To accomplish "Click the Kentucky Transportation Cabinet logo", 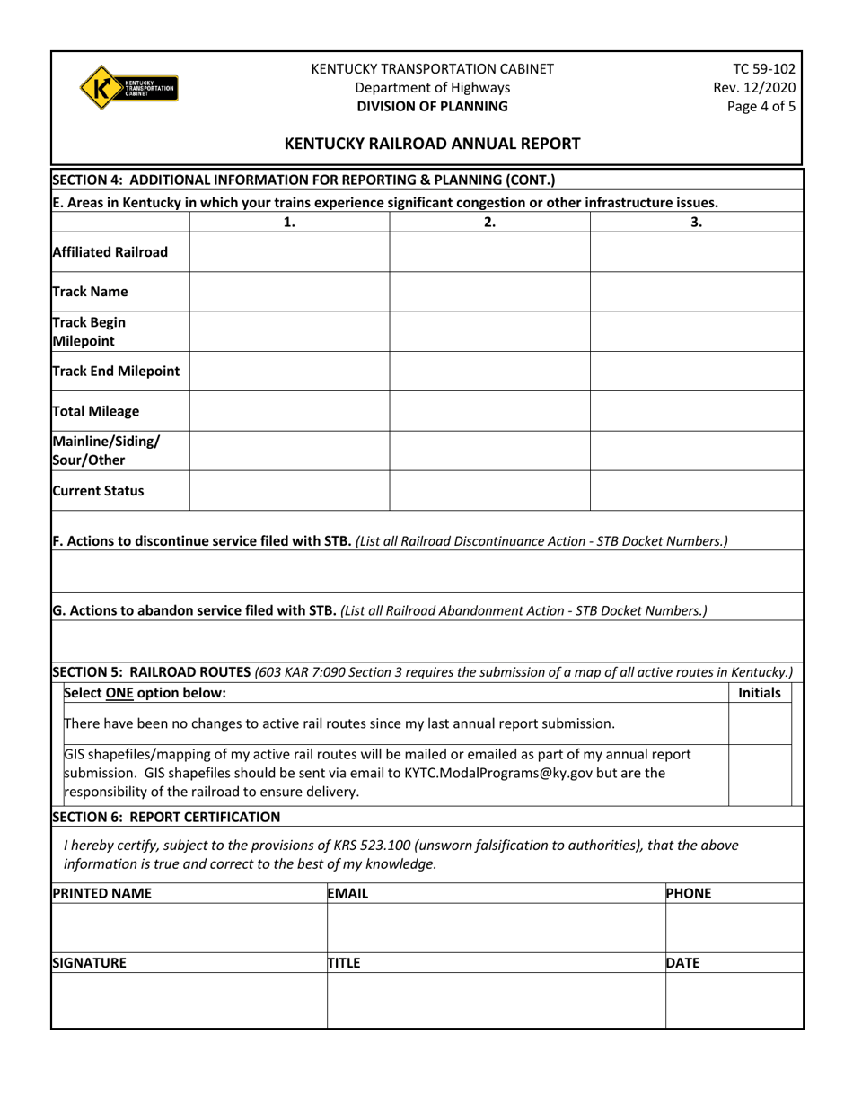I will tap(128, 87).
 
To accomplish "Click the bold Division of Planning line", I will tap(432, 105).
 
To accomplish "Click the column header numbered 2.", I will tap(489, 223).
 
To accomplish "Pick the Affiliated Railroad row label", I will tap(110, 252).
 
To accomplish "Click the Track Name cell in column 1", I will tap(289, 292).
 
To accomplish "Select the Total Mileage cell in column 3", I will tap(696, 411).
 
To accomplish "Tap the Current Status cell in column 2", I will tap(489, 491).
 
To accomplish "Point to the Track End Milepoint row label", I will tap(116, 371).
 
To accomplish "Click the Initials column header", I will tap(760, 693).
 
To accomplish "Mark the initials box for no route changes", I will tap(760, 723).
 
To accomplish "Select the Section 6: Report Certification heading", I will tap(166, 816).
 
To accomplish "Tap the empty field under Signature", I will tap(189, 1001).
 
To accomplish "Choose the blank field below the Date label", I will tap(733, 1001).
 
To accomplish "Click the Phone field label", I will tap(690, 893).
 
